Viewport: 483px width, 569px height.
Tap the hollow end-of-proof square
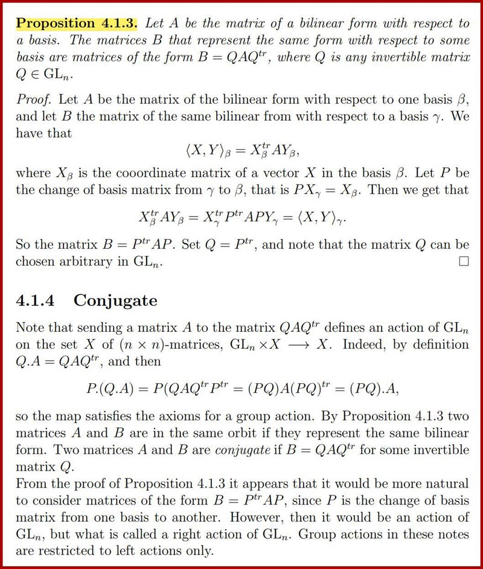tap(463, 262)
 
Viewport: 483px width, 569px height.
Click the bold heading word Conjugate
tap(115, 300)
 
